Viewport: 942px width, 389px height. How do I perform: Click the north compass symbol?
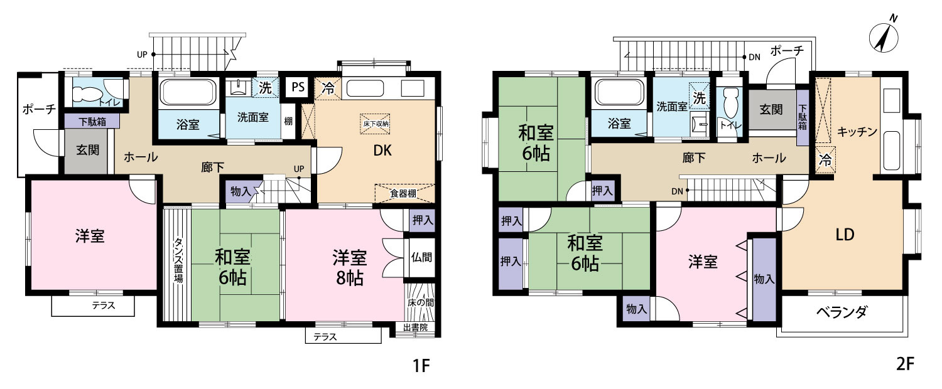pyautogui.click(x=884, y=37)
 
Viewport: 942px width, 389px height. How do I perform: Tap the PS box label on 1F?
pyautogui.click(x=297, y=88)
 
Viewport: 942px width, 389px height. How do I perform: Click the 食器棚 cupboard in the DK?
pyautogui.click(x=403, y=194)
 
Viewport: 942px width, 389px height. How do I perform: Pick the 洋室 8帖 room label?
pyautogui.click(x=349, y=267)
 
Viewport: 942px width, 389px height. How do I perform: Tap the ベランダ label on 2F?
pyautogui.click(x=842, y=312)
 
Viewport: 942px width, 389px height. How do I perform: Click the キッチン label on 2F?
pyautogui.click(x=857, y=132)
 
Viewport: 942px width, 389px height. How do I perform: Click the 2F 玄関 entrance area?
pyautogui.click(x=771, y=110)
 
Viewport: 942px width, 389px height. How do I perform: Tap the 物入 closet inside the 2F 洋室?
pyautogui.click(x=764, y=279)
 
